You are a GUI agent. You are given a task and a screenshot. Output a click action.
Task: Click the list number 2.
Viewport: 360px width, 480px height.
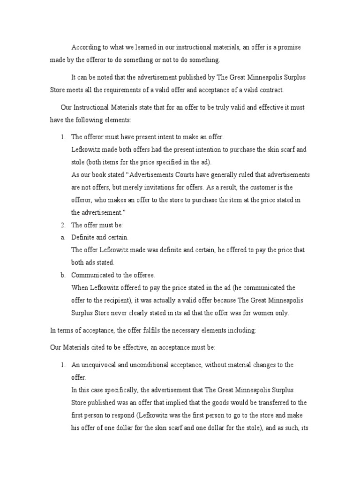[x=63, y=225]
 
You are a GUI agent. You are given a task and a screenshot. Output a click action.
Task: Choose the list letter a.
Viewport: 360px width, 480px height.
[x=62, y=237]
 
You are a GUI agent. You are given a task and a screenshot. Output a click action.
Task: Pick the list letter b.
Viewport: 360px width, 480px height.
[x=62, y=275]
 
